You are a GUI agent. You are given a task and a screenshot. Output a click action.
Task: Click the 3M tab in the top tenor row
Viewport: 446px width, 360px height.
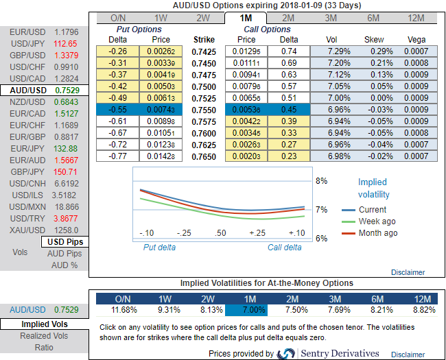pos(331,18)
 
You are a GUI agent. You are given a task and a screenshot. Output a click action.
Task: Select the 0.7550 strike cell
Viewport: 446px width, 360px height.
pos(205,110)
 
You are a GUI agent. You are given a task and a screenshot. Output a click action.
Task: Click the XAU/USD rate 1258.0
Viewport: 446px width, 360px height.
pos(66,230)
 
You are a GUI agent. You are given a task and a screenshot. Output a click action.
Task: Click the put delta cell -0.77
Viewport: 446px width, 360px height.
pos(120,156)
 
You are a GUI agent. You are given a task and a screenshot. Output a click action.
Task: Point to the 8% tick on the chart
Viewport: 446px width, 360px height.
pos(321,181)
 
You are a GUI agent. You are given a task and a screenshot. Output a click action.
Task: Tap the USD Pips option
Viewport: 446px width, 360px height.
pos(63,242)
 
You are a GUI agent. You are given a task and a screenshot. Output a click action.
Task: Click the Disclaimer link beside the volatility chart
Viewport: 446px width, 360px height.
pos(408,272)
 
